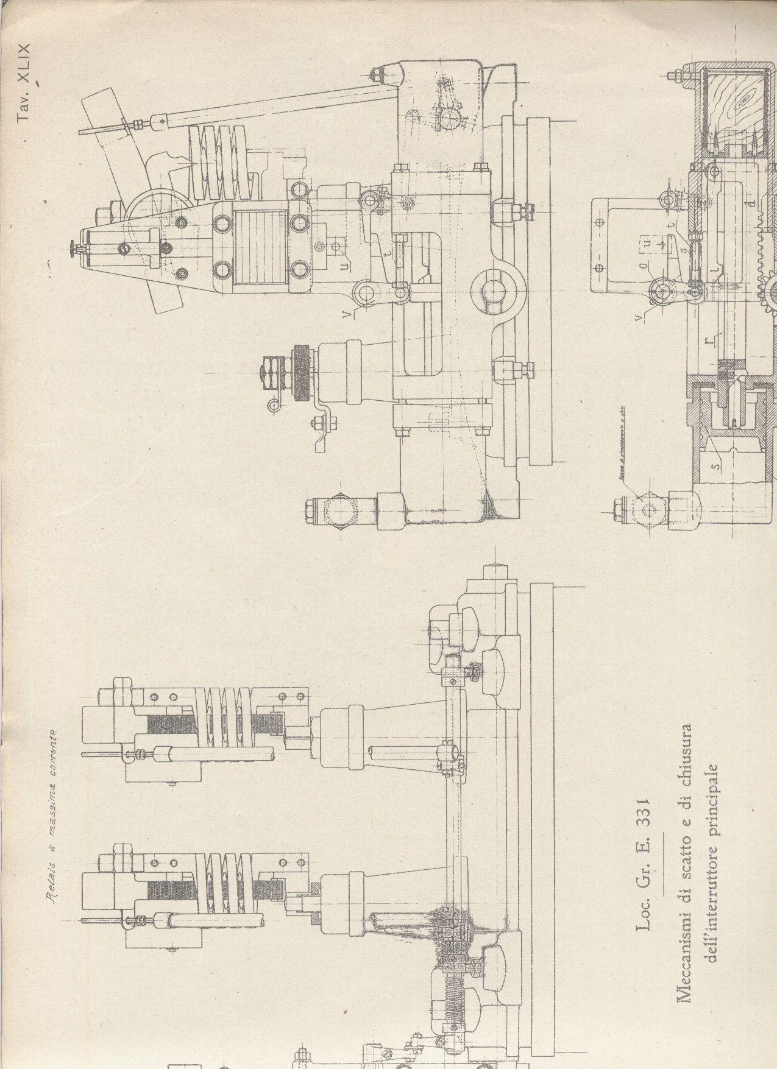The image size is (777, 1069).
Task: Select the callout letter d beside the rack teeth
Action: coord(754,199)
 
